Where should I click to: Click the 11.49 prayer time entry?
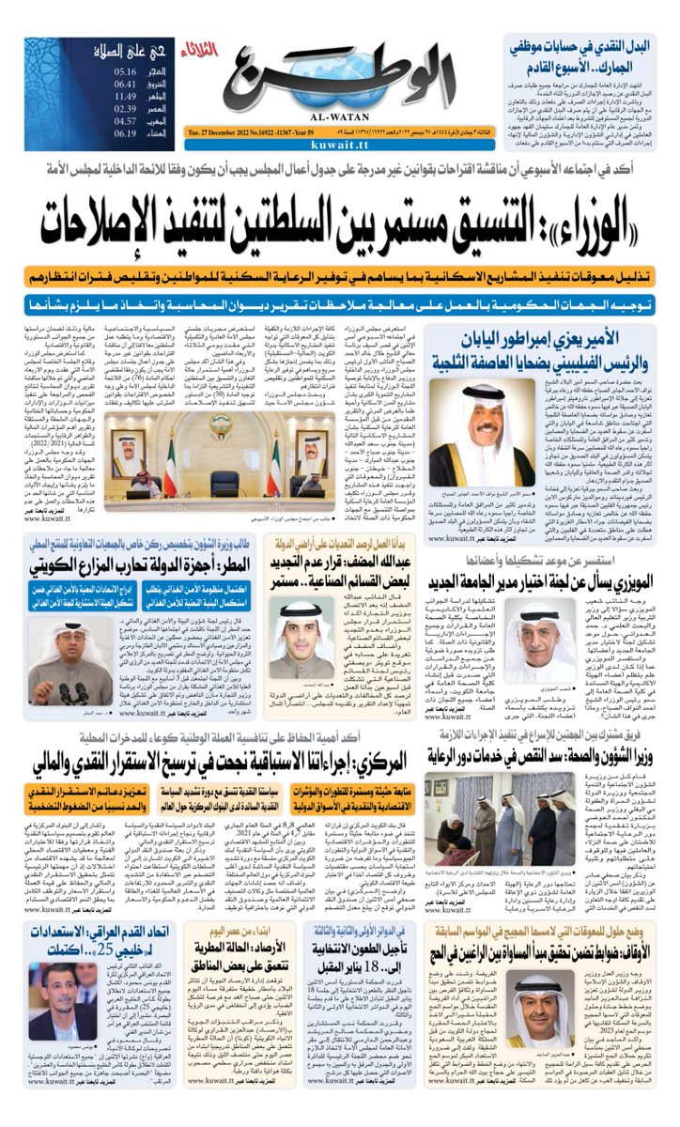(x=126, y=95)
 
